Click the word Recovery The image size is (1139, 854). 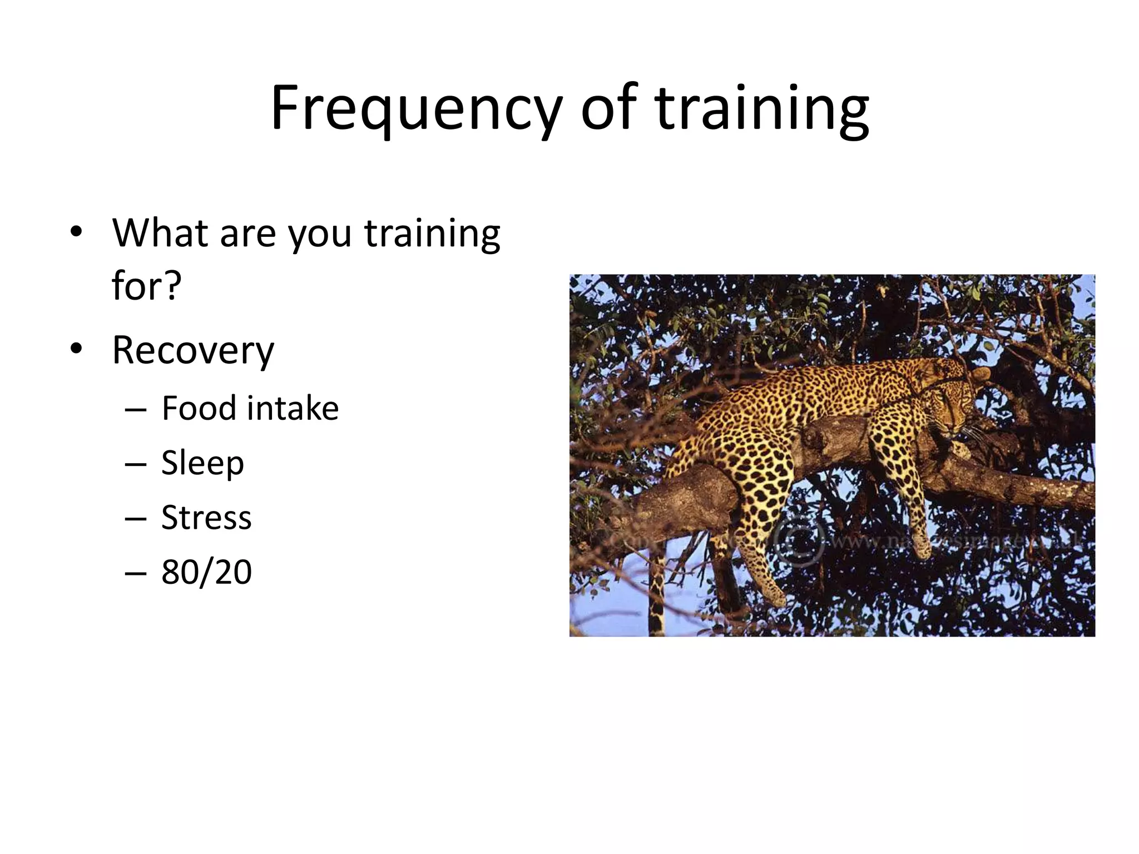[x=193, y=351]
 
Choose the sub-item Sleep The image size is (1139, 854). [x=202, y=463]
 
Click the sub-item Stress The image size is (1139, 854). [x=206, y=517]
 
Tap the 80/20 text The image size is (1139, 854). [x=206, y=572]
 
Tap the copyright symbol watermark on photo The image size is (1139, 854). [x=799, y=542]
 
